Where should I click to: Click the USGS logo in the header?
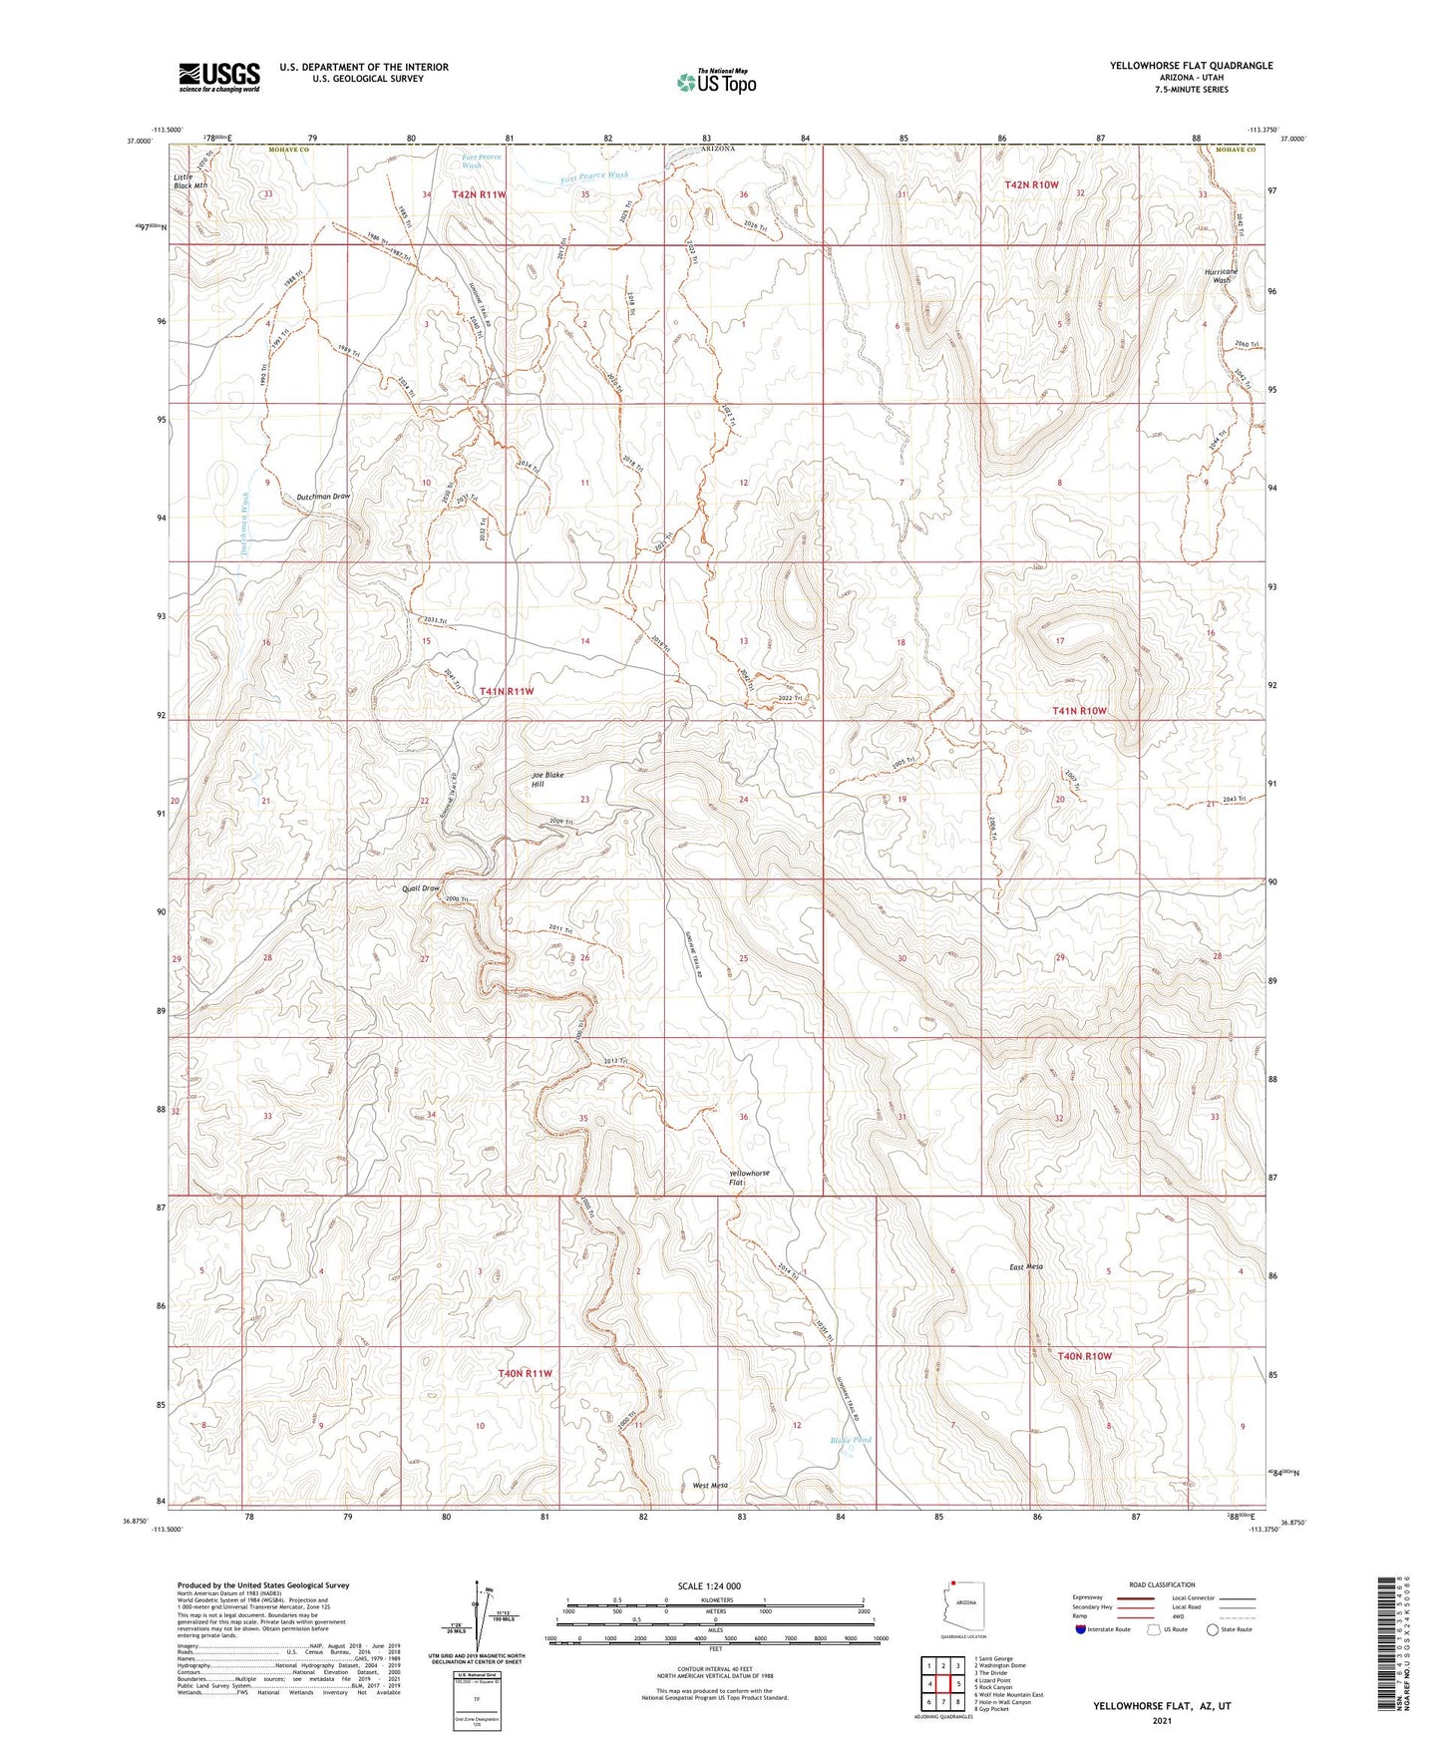(219, 76)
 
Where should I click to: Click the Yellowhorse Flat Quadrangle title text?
(1191, 66)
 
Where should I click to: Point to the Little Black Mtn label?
(189, 180)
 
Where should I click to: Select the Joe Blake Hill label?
(546, 779)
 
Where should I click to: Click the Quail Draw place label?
(418, 887)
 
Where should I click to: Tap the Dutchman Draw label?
(323, 496)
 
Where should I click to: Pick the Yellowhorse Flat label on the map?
(749, 1178)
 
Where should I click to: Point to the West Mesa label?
(710, 1485)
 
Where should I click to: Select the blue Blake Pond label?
(851, 1440)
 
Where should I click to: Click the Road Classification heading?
(1162, 1584)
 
